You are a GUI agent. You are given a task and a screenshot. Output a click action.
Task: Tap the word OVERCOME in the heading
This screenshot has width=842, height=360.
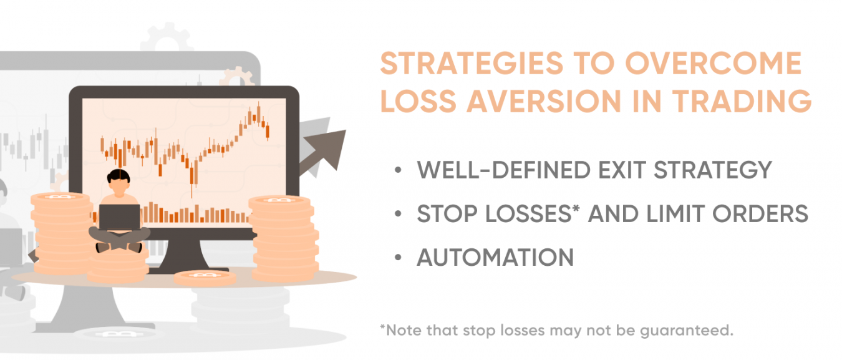click(714, 63)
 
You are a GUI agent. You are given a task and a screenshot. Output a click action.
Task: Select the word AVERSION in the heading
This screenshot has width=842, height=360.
click(544, 101)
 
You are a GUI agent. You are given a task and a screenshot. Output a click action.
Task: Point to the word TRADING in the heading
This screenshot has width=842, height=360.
click(742, 101)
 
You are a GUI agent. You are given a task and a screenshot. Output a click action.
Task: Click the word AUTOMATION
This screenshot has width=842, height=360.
click(495, 258)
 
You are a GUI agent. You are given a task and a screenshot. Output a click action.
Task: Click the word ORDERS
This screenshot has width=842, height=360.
click(760, 214)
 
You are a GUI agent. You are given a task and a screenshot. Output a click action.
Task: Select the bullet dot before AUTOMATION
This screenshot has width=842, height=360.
click(398, 258)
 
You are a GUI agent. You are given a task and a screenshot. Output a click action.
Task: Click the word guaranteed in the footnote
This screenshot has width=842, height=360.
click(686, 331)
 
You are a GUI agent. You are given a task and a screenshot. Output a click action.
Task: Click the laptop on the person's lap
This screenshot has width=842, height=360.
click(120, 217)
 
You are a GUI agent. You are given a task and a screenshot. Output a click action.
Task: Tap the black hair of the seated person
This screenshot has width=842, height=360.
click(119, 176)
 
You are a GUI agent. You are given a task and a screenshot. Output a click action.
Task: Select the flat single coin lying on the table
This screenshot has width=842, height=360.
click(205, 278)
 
